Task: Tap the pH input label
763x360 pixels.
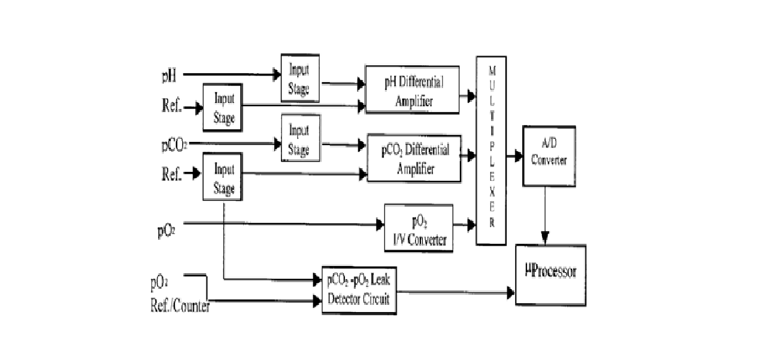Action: pyautogui.click(x=169, y=75)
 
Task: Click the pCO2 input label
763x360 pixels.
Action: pyautogui.click(x=174, y=146)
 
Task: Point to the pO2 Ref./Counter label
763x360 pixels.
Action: pyautogui.click(x=180, y=295)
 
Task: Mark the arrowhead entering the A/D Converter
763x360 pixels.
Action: pyautogui.click(x=519, y=156)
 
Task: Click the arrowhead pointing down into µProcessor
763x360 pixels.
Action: pyautogui.click(x=545, y=238)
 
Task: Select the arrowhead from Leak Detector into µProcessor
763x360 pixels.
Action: pyautogui.click(x=511, y=292)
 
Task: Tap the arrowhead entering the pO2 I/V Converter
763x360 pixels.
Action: pyautogui.click(x=380, y=225)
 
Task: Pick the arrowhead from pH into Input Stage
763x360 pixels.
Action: pyautogui.click(x=277, y=74)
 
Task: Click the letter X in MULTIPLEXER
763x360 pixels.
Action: pyautogui.click(x=492, y=192)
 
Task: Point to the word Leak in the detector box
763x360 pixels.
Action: pyautogui.click(x=380, y=280)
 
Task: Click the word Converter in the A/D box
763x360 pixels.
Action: pyautogui.click(x=549, y=160)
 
